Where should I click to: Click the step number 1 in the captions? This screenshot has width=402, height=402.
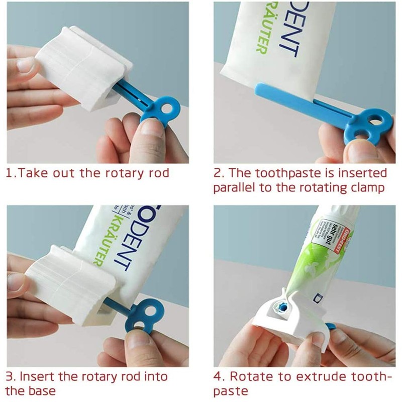click(x=9, y=173)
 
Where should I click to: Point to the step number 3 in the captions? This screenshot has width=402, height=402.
click(x=9, y=376)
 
